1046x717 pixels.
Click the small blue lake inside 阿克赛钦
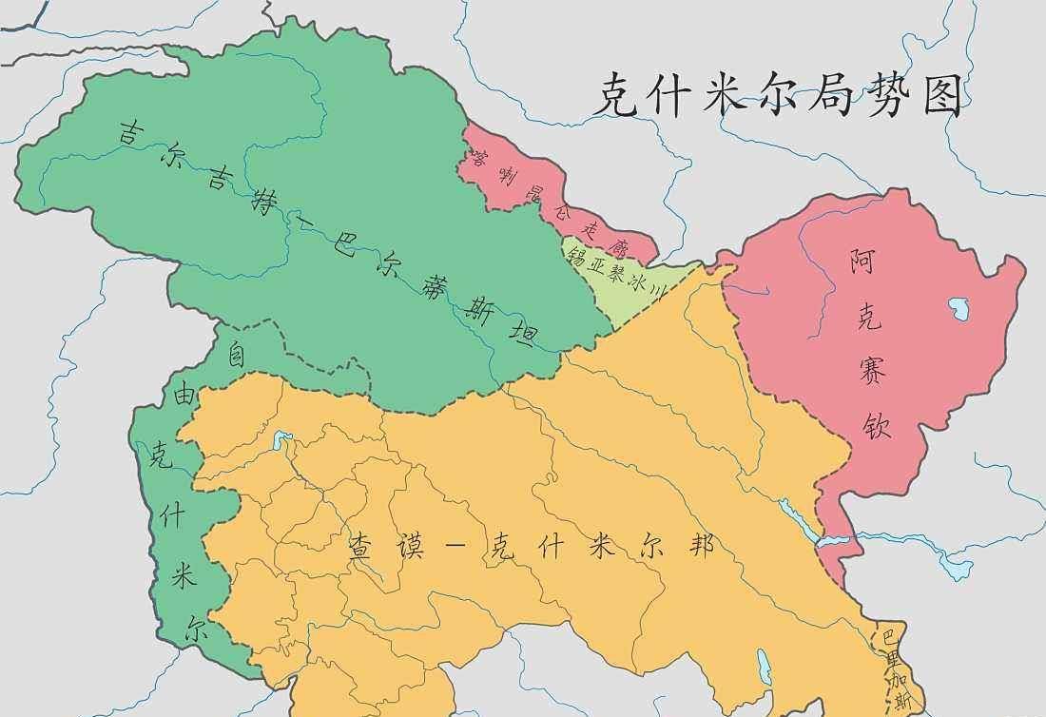[957, 307]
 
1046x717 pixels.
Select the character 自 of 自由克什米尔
[236, 355]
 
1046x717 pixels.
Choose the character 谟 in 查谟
[416, 548]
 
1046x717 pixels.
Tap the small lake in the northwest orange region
[281, 440]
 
